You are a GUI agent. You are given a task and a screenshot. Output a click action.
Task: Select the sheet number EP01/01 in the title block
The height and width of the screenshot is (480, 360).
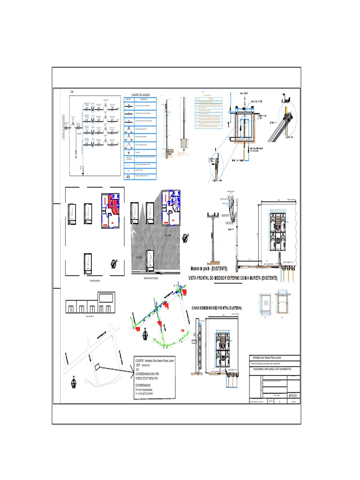coord(293,395)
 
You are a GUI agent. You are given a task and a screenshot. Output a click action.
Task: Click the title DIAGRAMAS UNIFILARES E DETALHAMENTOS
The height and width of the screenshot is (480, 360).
coord(270,369)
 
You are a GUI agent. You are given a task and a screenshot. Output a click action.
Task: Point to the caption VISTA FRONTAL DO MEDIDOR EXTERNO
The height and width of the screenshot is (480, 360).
coord(233,278)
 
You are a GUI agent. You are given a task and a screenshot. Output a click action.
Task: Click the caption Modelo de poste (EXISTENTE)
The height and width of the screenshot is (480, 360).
coord(209,269)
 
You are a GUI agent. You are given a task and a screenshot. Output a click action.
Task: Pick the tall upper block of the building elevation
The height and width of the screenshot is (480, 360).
coord(107,298)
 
